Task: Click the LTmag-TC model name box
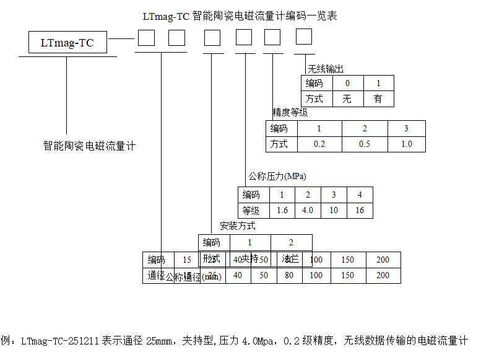click(x=67, y=43)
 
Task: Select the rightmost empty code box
click(x=303, y=37)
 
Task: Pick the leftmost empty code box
click(x=146, y=38)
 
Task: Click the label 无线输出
click(x=325, y=69)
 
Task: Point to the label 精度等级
click(x=290, y=113)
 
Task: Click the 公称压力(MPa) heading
click(x=277, y=177)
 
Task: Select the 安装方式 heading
click(x=237, y=226)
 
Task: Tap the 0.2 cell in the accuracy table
click(x=319, y=144)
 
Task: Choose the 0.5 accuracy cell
click(x=365, y=144)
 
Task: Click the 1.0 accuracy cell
click(x=407, y=144)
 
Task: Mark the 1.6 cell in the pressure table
click(x=282, y=210)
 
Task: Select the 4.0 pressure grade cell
click(x=308, y=210)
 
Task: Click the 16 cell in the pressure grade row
click(x=360, y=210)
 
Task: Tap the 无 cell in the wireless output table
click(x=347, y=99)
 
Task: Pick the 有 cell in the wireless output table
click(x=378, y=99)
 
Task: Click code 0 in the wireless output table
click(x=347, y=83)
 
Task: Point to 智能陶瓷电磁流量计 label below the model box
click(x=89, y=146)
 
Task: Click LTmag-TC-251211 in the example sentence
click(x=61, y=341)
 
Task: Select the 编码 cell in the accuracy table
click(x=279, y=129)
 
